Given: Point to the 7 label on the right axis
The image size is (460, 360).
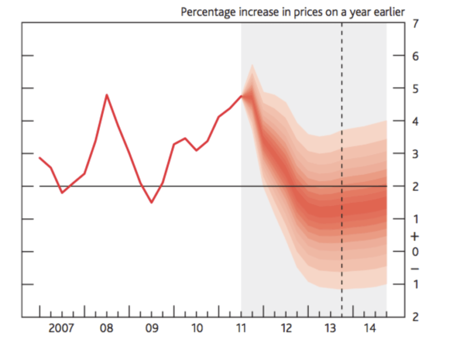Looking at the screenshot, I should click(x=415, y=23).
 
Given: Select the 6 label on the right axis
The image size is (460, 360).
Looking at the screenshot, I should click(x=415, y=56).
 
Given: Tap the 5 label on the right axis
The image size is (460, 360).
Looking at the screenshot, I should click(x=415, y=89).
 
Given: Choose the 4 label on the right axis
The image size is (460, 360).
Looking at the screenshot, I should click(x=415, y=121).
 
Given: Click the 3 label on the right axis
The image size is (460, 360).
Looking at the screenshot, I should click(x=415, y=154).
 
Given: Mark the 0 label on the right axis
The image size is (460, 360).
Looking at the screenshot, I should click(x=415, y=252).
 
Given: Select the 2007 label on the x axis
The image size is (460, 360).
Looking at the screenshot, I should click(x=61, y=329).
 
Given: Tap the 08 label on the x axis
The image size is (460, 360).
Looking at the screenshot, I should click(x=106, y=329).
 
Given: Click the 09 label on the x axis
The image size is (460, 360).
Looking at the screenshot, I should click(x=151, y=329).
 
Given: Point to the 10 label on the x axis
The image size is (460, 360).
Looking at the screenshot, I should click(x=197, y=329).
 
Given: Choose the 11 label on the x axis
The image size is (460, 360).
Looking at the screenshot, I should click(x=241, y=329).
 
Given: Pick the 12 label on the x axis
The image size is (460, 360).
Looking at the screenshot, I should click(x=286, y=329).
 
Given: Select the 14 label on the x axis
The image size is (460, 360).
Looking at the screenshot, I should click(x=370, y=329).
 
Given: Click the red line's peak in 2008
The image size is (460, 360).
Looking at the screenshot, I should click(x=106, y=95).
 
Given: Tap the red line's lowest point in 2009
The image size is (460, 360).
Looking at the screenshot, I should click(x=151, y=202).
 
